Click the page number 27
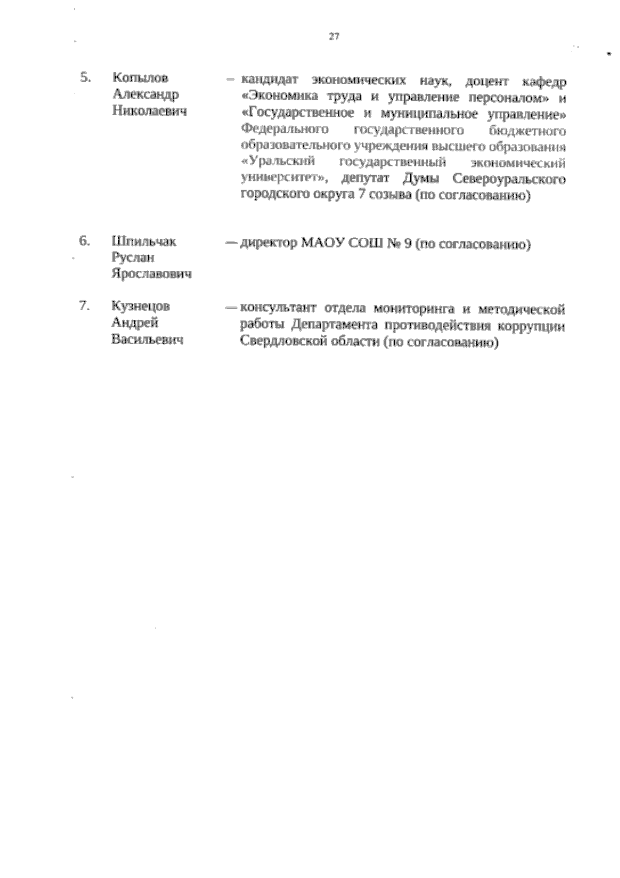[x=334, y=36]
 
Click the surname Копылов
[x=141, y=78]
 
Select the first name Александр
[x=146, y=95]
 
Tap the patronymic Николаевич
[x=149, y=111]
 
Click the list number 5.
[x=86, y=78]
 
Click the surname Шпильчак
[x=144, y=241]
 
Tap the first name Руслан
[x=133, y=257]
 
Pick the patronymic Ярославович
[x=151, y=274]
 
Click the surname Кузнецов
[x=141, y=306]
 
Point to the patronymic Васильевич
[x=148, y=340]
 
